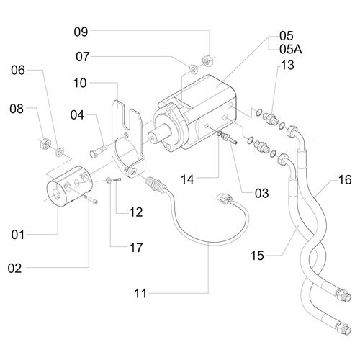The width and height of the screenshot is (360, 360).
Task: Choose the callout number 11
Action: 142,294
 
